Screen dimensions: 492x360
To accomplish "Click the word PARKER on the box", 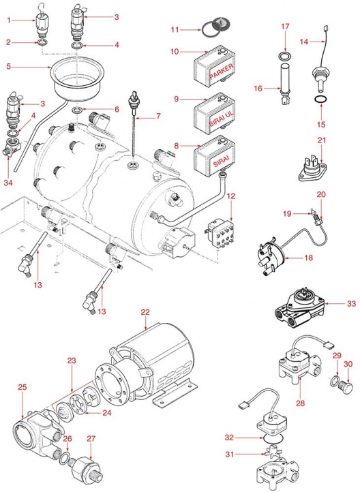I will [222, 72].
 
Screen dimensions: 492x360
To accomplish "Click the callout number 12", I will [231, 196].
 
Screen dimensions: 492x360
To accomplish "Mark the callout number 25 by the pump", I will [22, 387].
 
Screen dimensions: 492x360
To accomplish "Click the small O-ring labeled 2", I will [42, 45].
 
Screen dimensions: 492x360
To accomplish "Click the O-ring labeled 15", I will [318, 99].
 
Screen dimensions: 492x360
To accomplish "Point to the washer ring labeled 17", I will [284, 54].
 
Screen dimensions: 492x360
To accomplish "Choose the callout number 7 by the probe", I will [157, 117].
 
